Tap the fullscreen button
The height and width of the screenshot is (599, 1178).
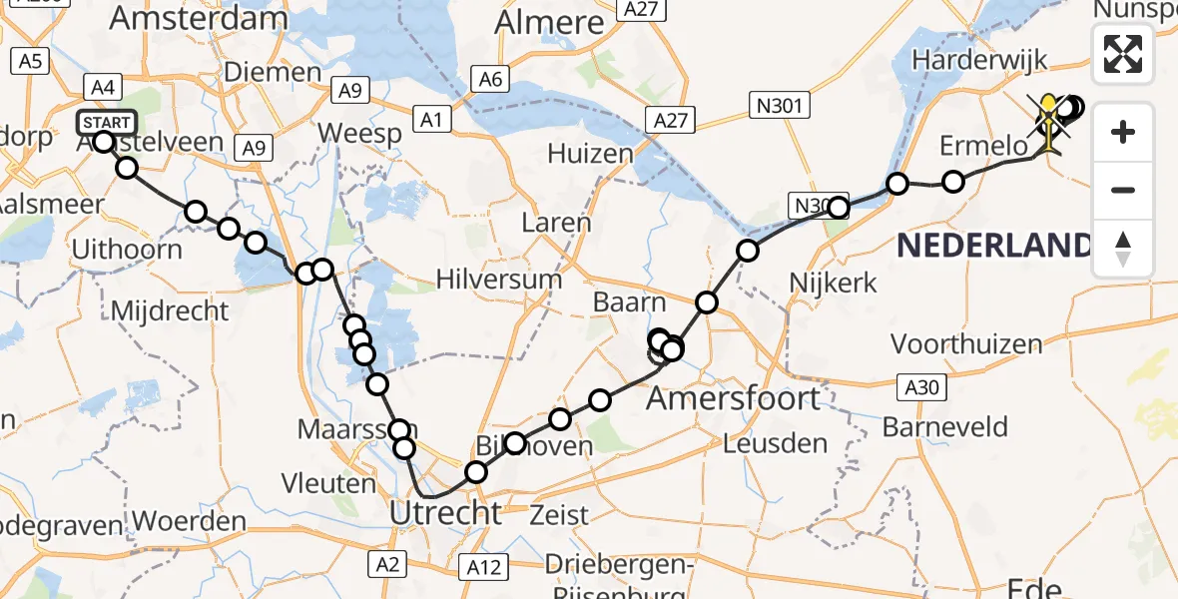tap(1123, 54)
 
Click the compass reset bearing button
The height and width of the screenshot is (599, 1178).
tap(1123, 248)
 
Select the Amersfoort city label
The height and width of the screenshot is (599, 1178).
tap(734, 399)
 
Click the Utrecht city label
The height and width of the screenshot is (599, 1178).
tap(445, 514)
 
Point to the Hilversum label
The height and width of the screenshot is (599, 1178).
tap(506, 280)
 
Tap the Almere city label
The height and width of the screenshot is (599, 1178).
tap(549, 22)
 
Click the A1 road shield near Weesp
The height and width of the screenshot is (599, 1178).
tap(431, 120)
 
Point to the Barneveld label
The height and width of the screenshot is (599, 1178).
tap(944, 427)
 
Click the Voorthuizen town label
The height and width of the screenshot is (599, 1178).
tap(966, 344)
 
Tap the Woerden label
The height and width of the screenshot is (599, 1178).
tap(189, 521)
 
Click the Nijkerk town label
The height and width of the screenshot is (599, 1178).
tap(833, 283)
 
